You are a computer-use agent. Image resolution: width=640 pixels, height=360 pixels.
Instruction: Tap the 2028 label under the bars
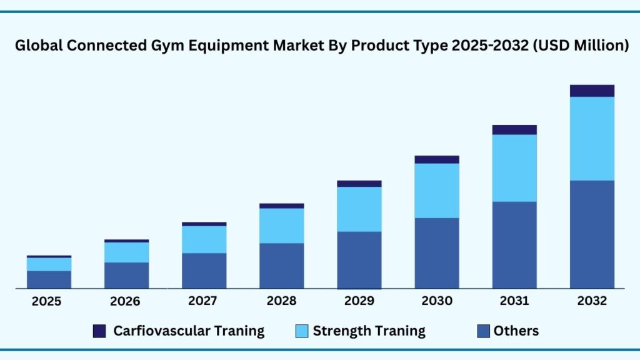pos(281,301)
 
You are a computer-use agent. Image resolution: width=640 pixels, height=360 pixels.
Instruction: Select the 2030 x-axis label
pos(437,301)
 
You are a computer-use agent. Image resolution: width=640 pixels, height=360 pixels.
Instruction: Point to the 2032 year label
pos(592,301)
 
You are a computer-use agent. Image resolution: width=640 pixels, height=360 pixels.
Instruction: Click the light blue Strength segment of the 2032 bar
pos(592,138)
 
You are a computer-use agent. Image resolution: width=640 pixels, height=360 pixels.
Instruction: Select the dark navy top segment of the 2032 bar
pos(592,91)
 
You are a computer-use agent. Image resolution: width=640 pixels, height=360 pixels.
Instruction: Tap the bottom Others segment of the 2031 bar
pos(514,244)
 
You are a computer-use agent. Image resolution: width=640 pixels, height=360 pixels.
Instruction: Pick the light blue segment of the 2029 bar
pos(359,209)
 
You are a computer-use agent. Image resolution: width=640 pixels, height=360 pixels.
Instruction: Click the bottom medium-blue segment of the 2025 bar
pos(49,279)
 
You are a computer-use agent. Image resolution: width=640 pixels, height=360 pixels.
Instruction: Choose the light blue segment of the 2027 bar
pos(204,239)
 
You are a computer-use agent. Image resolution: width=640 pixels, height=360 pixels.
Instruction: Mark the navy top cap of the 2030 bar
pos(437,159)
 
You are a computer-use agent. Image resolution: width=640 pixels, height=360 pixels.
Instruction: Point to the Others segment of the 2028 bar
pos(282,266)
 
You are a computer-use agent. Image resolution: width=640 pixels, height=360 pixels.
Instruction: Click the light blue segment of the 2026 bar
pos(127,252)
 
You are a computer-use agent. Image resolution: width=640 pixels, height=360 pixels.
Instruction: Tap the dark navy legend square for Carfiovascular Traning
pos(99,331)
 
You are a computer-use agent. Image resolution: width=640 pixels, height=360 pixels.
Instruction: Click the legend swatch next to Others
pos(483,331)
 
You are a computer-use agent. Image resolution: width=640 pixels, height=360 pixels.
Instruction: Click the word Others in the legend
pos(516,331)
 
